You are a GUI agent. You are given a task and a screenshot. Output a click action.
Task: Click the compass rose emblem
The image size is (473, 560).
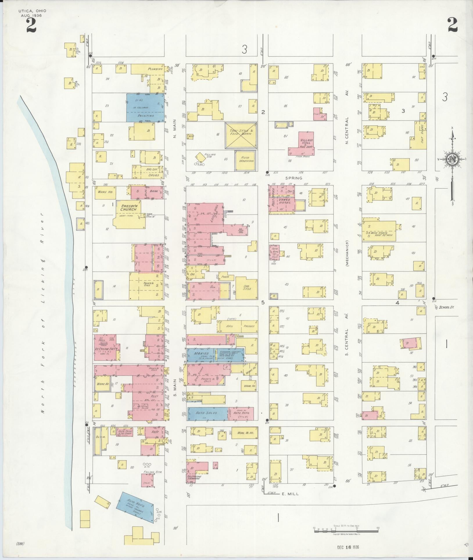pos(452,159)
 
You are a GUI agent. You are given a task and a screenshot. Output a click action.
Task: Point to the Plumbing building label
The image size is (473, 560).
pos(155,69)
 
